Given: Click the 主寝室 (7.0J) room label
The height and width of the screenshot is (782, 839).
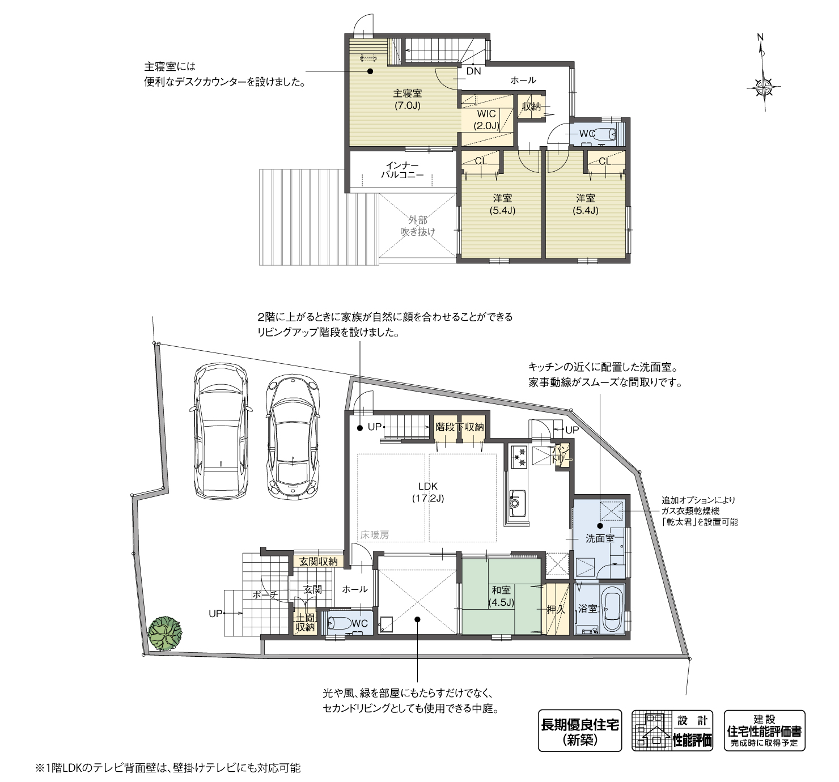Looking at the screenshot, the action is point(407,99).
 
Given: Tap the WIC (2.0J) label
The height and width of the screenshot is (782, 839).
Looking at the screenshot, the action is point(486,120).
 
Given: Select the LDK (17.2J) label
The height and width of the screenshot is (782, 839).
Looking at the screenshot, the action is point(428,492).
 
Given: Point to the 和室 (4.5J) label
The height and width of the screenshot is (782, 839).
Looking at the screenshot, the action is point(501,596).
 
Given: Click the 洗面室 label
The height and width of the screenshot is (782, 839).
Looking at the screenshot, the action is point(599,538).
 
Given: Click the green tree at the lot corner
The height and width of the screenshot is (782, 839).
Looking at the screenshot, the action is point(165,634).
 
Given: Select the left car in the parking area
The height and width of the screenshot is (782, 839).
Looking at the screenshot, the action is point(221,431).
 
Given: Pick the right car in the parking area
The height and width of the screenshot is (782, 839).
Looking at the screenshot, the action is point(293,437).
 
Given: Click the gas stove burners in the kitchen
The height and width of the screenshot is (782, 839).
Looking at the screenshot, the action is point(519,456).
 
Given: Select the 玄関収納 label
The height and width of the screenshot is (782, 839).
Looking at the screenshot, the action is point(319,562).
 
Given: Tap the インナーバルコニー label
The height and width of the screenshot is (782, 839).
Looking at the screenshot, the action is point(402,169).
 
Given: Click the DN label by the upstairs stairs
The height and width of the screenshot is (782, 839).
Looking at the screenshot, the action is point(473,71).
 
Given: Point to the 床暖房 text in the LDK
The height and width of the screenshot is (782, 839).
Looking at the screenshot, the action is point(374,534).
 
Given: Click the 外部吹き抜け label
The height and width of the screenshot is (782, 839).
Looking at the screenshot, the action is point(417,226).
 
